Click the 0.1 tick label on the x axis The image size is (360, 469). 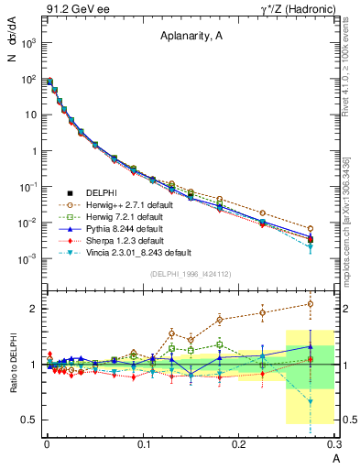(143, 444)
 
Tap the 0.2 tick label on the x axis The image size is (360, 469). (239, 444)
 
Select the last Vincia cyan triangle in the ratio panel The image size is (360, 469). (311, 401)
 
